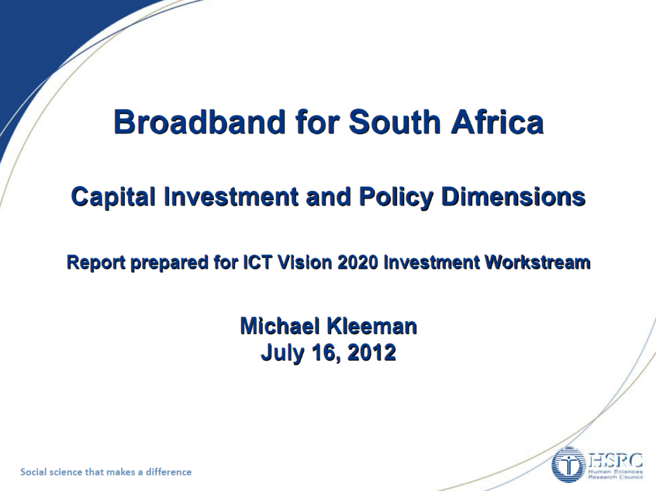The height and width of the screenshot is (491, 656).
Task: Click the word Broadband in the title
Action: tap(200, 122)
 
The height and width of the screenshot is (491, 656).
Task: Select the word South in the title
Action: tap(395, 122)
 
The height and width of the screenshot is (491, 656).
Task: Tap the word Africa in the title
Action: tap(497, 122)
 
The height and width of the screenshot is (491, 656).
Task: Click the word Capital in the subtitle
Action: tap(113, 197)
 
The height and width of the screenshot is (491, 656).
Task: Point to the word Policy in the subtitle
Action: tap(396, 197)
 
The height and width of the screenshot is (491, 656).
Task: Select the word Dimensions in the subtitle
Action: tap(513, 196)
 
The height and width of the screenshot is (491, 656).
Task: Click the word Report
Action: tap(96, 262)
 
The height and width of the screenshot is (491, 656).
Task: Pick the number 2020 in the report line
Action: tap(357, 262)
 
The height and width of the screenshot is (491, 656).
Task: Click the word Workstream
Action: tap(537, 262)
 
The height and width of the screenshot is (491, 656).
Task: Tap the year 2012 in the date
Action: tap(372, 352)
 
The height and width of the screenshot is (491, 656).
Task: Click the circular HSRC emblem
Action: tap(569, 465)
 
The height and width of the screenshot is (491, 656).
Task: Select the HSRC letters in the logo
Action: tap(616, 460)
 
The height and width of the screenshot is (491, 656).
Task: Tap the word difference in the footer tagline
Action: tap(168, 472)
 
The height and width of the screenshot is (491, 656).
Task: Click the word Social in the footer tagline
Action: tap(33, 472)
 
